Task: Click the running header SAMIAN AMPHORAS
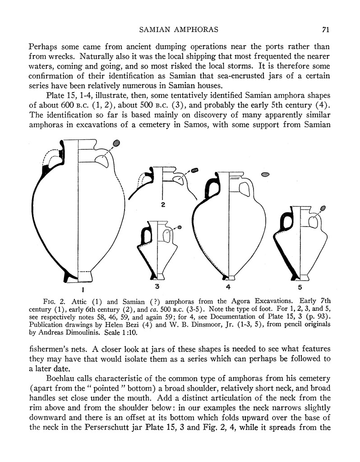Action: tap(179, 30)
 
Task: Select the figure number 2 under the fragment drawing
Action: tap(163, 205)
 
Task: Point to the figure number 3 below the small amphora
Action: tap(156, 286)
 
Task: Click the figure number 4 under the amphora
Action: tap(228, 286)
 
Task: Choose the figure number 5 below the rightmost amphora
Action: tap(300, 286)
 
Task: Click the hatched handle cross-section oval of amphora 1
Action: tap(116, 143)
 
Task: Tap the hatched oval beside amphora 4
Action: tap(265, 174)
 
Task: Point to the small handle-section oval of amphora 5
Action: tap(323, 208)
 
